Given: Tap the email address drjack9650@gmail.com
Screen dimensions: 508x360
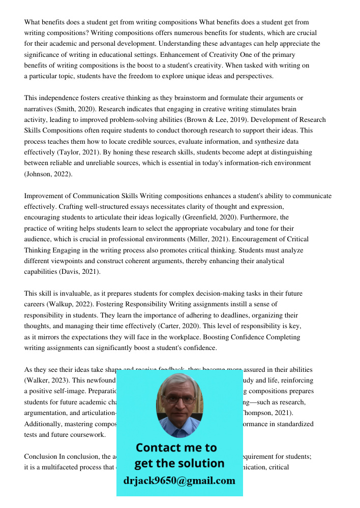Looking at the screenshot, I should (x=179, y=481).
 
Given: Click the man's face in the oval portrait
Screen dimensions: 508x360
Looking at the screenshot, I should (x=179, y=401).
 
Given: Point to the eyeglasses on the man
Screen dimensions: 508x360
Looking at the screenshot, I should (x=179, y=399).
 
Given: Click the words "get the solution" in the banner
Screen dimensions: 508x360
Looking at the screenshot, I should (x=179, y=463).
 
